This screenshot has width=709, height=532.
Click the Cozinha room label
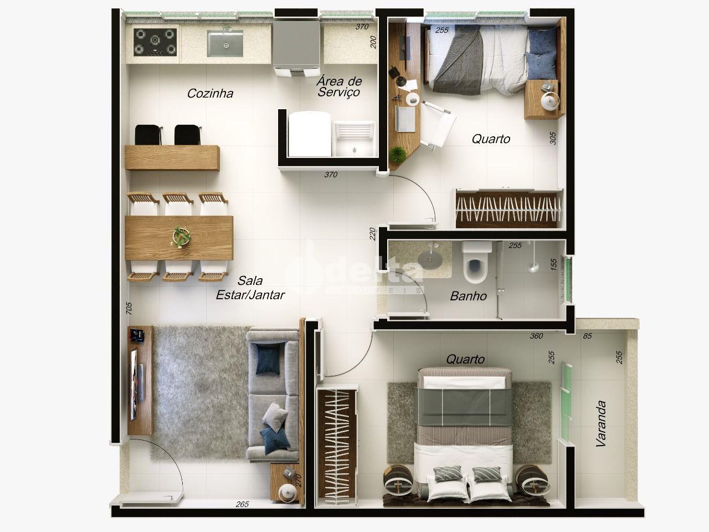[x=210, y=93]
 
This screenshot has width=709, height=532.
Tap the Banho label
[x=469, y=296]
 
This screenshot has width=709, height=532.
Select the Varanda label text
[x=601, y=423]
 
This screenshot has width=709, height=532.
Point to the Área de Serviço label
[x=339, y=86]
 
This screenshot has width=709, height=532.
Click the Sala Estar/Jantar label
[x=250, y=288]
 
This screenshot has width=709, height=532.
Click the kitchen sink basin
[x=225, y=43]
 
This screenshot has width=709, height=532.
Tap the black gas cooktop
[x=155, y=42]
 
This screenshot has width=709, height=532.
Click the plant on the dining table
[x=181, y=237]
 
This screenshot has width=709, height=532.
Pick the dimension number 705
[x=129, y=308]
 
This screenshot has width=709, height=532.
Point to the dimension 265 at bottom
[x=242, y=504]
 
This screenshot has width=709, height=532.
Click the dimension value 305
[x=553, y=138]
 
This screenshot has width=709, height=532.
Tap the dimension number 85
[x=587, y=336]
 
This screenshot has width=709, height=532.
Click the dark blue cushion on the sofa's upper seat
[x=268, y=360]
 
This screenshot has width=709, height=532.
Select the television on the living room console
[x=134, y=385]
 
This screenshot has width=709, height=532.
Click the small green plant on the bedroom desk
[x=398, y=155]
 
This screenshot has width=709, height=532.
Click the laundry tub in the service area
[x=354, y=139]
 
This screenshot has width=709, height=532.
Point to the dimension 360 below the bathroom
[x=537, y=336]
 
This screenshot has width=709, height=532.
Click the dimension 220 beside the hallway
[x=372, y=234]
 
